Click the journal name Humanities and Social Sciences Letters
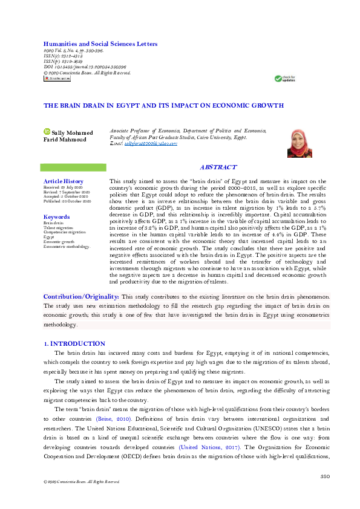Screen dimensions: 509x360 (x=100, y=44)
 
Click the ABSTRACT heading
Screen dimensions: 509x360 (x=218, y=167)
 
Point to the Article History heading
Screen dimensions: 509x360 (x=64, y=181)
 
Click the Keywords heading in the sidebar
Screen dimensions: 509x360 (x=56, y=217)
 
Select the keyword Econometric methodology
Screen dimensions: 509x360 (x=67, y=247)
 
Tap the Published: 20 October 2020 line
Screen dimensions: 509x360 (x=67, y=201)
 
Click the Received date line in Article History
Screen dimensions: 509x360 (x=62, y=187)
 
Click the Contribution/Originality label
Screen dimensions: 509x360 (x=81, y=297)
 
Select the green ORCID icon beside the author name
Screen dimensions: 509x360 (x=47, y=131)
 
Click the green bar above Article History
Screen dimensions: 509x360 (x=73, y=167)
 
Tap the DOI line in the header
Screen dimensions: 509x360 (x=85, y=67)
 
